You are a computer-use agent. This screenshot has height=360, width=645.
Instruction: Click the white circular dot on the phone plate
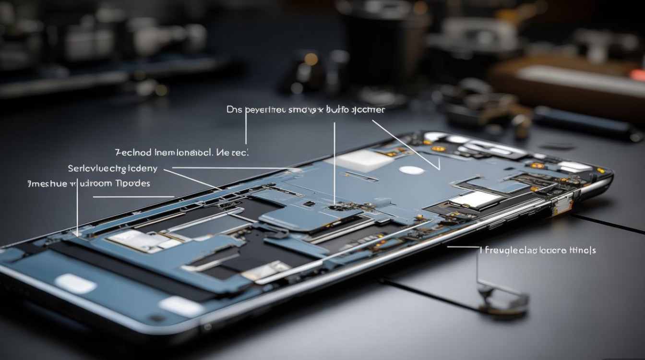pyautogui.click(x=411, y=170)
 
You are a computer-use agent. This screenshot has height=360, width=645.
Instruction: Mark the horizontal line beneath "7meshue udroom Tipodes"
pyautogui.click(x=133, y=197)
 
